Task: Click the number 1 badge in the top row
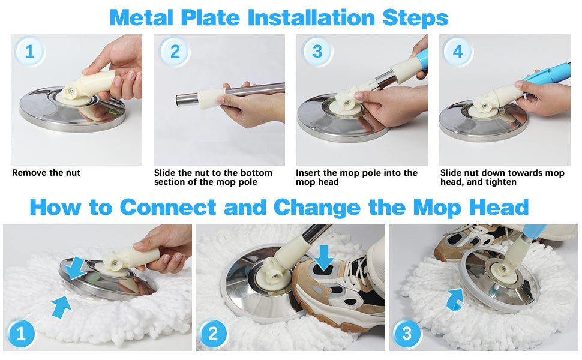(x=29, y=51)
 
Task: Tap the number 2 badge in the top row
(x=175, y=51)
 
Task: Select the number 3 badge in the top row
(x=317, y=51)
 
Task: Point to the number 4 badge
(x=458, y=51)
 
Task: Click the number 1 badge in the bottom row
(x=21, y=334)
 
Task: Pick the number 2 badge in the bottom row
(x=212, y=334)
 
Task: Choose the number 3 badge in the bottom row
(x=407, y=334)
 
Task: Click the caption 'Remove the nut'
(x=46, y=173)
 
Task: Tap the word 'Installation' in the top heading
(x=311, y=17)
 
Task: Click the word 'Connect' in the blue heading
(x=168, y=207)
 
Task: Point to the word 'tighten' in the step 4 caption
(x=499, y=182)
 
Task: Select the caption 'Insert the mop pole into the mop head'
(x=356, y=178)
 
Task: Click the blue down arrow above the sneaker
(x=325, y=257)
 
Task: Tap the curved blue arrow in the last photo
(x=454, y=299)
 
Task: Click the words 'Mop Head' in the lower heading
(x=470, y=207)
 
